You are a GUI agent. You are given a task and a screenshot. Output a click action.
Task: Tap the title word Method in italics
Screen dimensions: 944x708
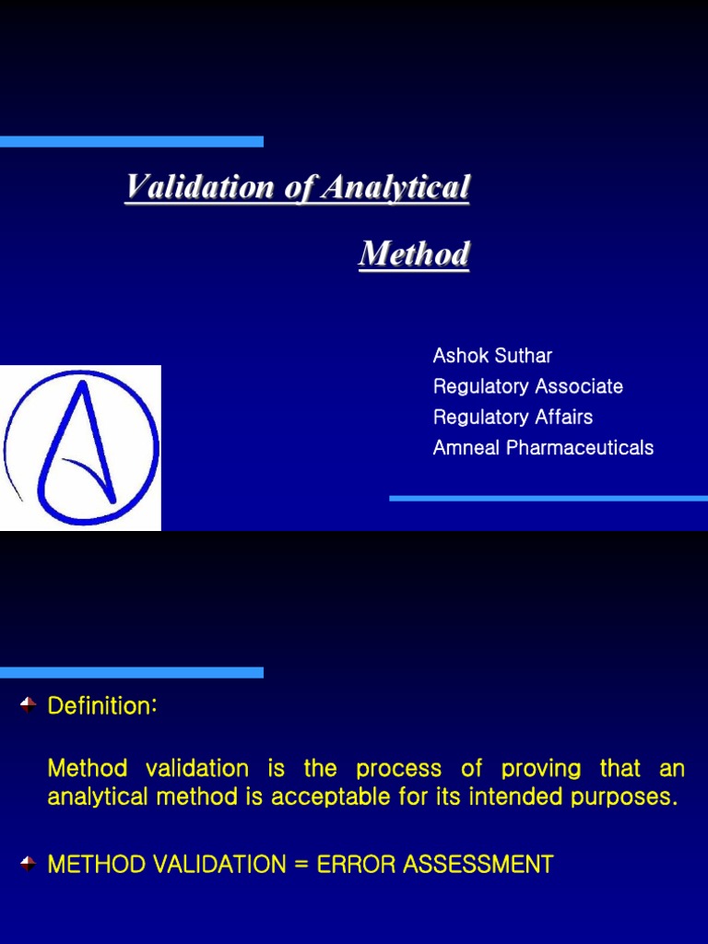click(414, 254)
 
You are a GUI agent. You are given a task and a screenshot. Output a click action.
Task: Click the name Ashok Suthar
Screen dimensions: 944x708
click(492, 356)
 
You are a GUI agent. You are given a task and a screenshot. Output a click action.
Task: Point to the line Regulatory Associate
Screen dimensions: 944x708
click(527, 386)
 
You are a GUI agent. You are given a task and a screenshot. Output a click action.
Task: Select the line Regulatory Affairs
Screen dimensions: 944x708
click(513, 417)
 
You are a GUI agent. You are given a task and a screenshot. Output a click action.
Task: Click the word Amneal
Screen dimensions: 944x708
click(467, 448)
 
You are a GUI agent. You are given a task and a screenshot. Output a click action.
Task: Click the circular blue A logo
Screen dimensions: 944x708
click(81, 448)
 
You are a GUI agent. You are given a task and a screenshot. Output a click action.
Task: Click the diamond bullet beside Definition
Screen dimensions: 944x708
click(28, 705)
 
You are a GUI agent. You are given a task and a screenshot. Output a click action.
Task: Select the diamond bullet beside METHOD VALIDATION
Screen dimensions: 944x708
click(28, 864)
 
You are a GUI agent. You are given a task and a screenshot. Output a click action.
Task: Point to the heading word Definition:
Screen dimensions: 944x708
click(102, 706)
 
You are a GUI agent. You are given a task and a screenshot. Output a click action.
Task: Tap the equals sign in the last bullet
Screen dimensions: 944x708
click(301, 865)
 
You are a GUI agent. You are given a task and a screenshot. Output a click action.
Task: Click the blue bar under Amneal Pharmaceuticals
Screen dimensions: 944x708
click(548, 498)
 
